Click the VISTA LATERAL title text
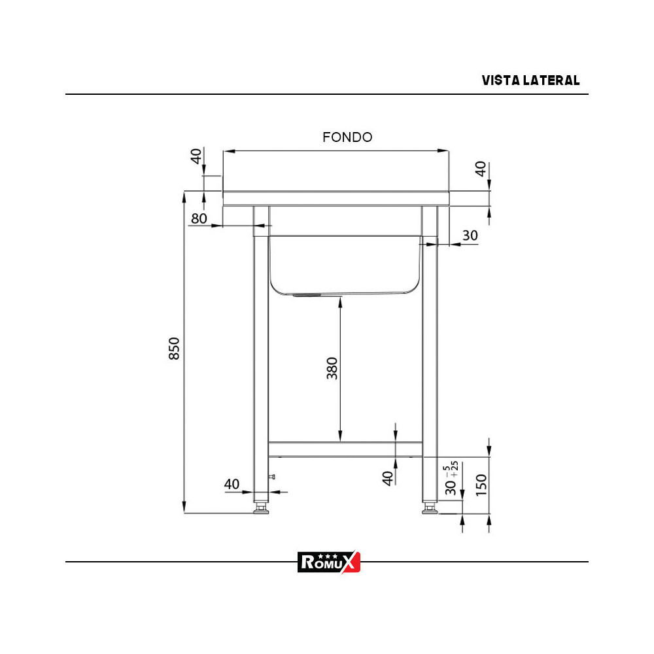click(x=530, y=80)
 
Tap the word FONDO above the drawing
click(x=347, y=137)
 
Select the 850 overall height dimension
click(x=175, y=349)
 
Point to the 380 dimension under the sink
click(x=332, y=369)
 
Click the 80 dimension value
click(x=199, y=218)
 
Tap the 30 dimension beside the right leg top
click(x=470, y=235)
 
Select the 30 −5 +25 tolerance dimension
click(x=451, y=479)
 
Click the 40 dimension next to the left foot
click(x=232, y=484)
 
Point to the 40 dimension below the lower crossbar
click(x=388, y=478)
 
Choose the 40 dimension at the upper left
click(x=196, y=157)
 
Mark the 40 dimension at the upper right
click(x=481, y=169)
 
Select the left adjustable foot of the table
click(x=262, y=508)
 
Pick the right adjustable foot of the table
click(x=430, y=508)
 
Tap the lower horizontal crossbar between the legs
click(x=345, y=449)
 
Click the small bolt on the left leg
click(x=272, y=477)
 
